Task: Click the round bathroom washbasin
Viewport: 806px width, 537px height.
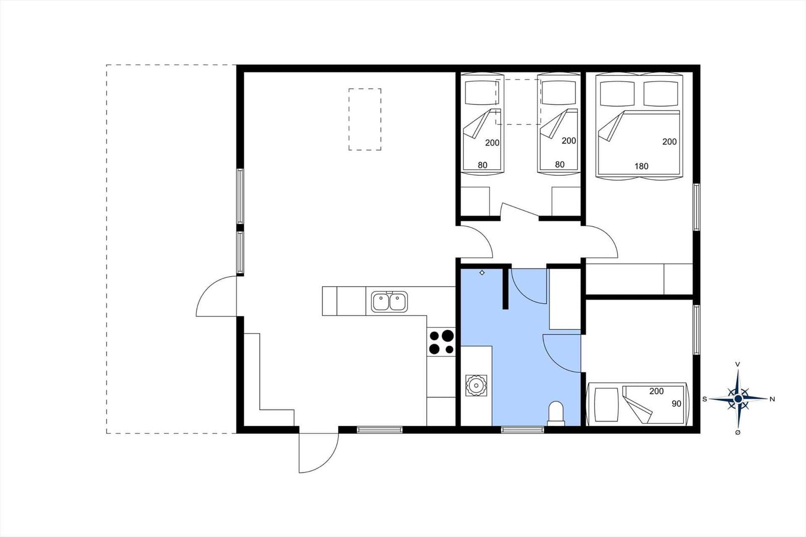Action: [476, 385]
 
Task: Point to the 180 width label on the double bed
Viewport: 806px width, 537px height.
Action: [641, 166]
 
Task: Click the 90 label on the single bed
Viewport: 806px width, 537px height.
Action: [677, 404]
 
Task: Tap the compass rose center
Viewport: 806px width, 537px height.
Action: [738, 399]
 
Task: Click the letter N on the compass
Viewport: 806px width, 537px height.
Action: [772, 399]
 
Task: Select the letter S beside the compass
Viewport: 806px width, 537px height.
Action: [705, 399]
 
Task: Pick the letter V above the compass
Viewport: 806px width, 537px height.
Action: [737, 365]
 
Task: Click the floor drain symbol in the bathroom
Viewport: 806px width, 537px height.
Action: [482, 273]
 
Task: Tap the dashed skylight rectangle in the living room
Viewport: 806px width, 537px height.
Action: [365, 119]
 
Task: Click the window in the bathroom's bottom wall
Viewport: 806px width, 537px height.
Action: [523, 429]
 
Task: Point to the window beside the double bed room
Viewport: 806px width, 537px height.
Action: [697, 207]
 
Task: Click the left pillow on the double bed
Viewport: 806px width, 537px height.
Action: [617, 94]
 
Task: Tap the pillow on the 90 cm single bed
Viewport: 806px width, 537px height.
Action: [607, 404]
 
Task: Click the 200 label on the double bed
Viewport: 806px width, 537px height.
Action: [669, 142]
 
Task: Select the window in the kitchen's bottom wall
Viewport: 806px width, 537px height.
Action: [379, 429]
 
